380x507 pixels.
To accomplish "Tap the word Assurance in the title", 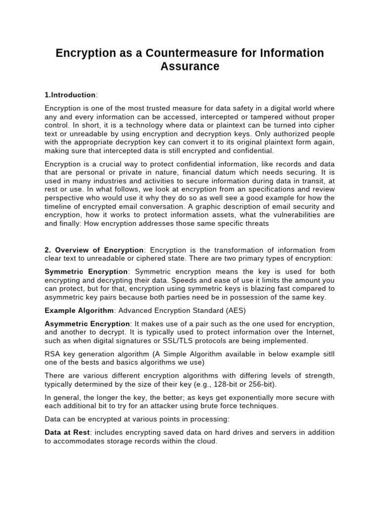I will pos(190,66).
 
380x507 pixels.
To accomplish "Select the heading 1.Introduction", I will pos(70,95).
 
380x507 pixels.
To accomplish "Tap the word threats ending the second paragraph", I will pos(256,223).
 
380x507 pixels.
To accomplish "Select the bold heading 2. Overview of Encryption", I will pos(94,250).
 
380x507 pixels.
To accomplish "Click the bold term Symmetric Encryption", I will pos(86,272).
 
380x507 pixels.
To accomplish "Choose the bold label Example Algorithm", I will pos(79,310).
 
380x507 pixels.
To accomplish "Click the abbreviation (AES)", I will pos(236,310).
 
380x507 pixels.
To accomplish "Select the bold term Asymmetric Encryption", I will pos(89,324).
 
